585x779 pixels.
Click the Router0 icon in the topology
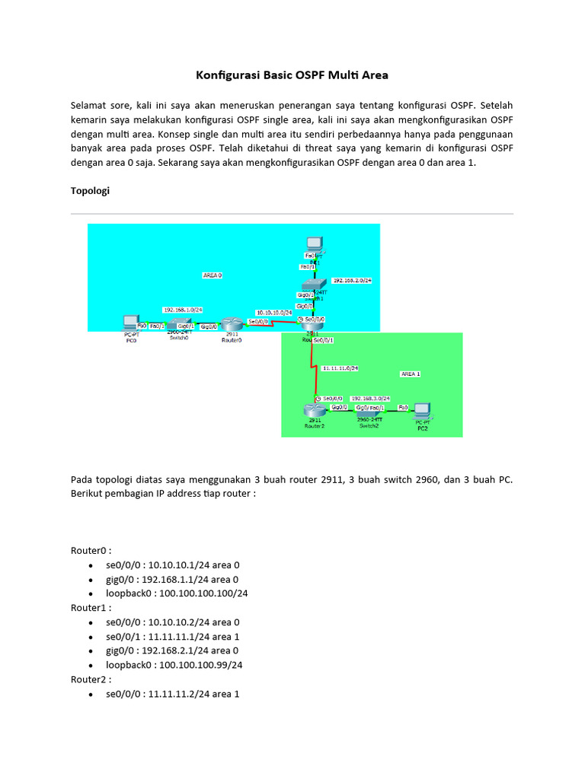(x=230, y=325)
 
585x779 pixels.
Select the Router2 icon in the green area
(x=314, y=411)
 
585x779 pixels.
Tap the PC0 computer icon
(x=130, y=323)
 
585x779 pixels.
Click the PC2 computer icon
(x=420, y=411)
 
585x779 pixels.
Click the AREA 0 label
(x=213, y=275)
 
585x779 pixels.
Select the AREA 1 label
(x=410, y=374)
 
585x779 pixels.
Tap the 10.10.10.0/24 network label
(x=274, y=312)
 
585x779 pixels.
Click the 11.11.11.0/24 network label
(x=340, y=367)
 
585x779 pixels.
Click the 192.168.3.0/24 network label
(x=370, y=398)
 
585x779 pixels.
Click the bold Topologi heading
(x=90, y=191)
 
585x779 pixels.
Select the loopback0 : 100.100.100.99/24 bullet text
(x=174, y=665)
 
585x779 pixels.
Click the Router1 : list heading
(x=91, y=608)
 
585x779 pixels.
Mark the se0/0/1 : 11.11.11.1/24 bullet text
(x=173, y=636)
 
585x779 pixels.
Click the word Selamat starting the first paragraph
(x=90, y=104)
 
